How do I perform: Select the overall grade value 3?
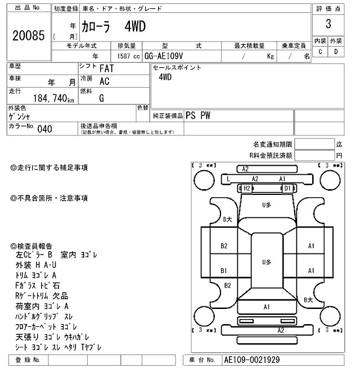point(328,24)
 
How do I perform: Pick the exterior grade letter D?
point(336,52)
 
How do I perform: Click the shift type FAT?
point(107,69)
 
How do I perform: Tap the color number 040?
point(44,129)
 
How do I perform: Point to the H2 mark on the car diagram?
point(246,188)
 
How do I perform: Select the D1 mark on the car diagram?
point(287,188)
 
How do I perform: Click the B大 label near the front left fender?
point(227,220)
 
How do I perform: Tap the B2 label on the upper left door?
point(223,246)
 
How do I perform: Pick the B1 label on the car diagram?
point(223,270)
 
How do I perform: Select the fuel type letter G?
point(102,98)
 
